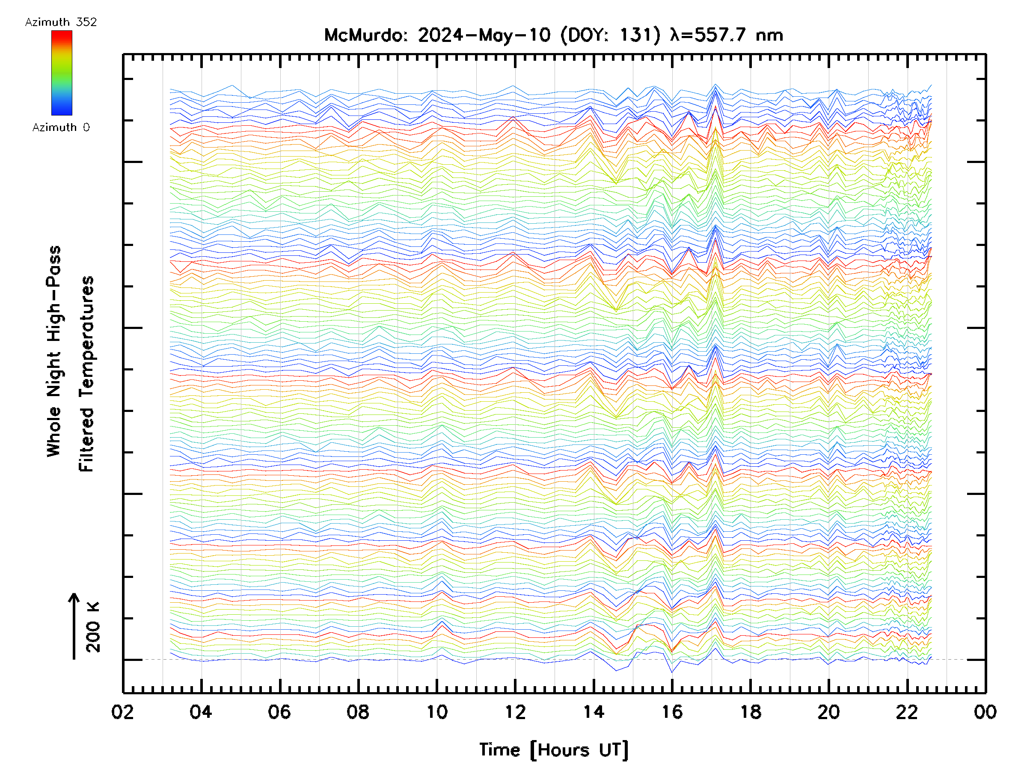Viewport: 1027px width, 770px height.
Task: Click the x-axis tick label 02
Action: pos(122,712)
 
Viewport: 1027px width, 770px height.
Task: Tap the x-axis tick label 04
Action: pos(201,712)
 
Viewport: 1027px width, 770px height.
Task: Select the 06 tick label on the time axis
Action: pos(279,712)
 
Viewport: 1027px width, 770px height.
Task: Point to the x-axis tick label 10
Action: pos(437,712)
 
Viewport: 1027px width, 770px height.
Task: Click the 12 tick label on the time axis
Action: pos(515,712)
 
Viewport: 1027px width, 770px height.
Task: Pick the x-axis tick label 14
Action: pos(594,712)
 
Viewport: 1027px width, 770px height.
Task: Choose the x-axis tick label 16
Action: pos(672,712)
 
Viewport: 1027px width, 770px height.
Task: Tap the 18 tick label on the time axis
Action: pos(751,712)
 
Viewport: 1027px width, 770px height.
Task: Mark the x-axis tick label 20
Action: pos(829,712)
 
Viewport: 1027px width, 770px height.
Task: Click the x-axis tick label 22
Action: pos(908,712)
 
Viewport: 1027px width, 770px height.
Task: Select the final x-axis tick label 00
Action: pos(985,712)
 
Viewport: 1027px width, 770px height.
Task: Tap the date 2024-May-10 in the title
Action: pos(484,35)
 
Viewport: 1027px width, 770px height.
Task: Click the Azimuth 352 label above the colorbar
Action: pos(61,22)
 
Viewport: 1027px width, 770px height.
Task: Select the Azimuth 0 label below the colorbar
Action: pos(61,127)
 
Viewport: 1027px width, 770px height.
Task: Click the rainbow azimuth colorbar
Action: pos(62,73)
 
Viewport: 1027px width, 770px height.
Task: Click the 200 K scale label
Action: pos(93,627)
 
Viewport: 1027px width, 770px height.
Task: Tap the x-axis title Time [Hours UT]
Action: pos(554,750)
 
